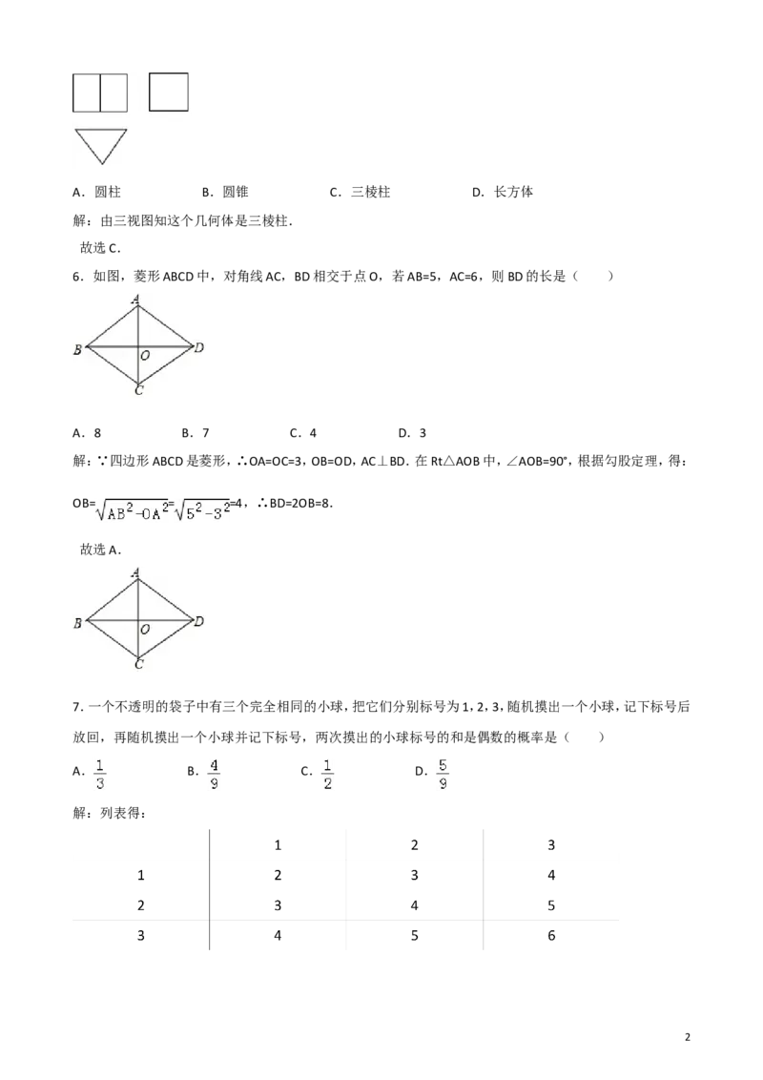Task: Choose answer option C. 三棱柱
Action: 360,192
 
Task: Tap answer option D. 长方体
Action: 503,192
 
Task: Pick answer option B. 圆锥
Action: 225,192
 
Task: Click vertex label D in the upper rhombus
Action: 199,347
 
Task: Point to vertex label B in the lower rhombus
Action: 78,623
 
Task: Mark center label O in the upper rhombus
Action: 145,356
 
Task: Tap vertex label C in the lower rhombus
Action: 139,664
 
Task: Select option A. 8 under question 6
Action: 87,433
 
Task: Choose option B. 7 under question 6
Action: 196,433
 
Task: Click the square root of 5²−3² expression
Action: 202,509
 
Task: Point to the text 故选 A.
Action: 100,550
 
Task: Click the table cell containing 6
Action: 551,935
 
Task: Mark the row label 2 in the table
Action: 140,905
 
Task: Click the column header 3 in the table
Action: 551,845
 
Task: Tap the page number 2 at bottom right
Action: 688,1037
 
